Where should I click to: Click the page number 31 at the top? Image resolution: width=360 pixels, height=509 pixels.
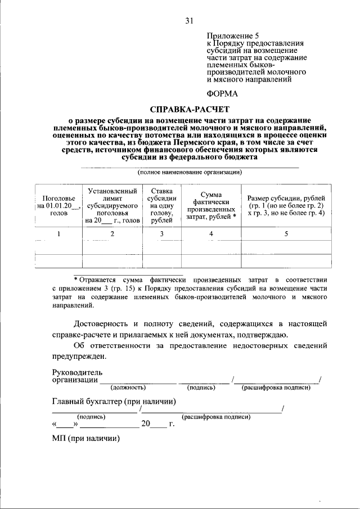click(189, 21)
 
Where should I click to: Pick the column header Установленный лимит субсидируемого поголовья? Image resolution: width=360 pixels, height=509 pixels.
click(112, 206)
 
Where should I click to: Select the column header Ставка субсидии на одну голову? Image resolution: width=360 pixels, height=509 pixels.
click(161, 206)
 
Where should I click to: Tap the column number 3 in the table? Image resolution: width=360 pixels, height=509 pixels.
click(161, 234)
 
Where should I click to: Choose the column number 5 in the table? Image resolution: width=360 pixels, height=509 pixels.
click(286, 234)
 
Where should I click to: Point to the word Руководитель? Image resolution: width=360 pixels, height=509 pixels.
click(77, 372)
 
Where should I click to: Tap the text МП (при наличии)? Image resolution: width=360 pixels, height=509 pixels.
click(86, 439)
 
